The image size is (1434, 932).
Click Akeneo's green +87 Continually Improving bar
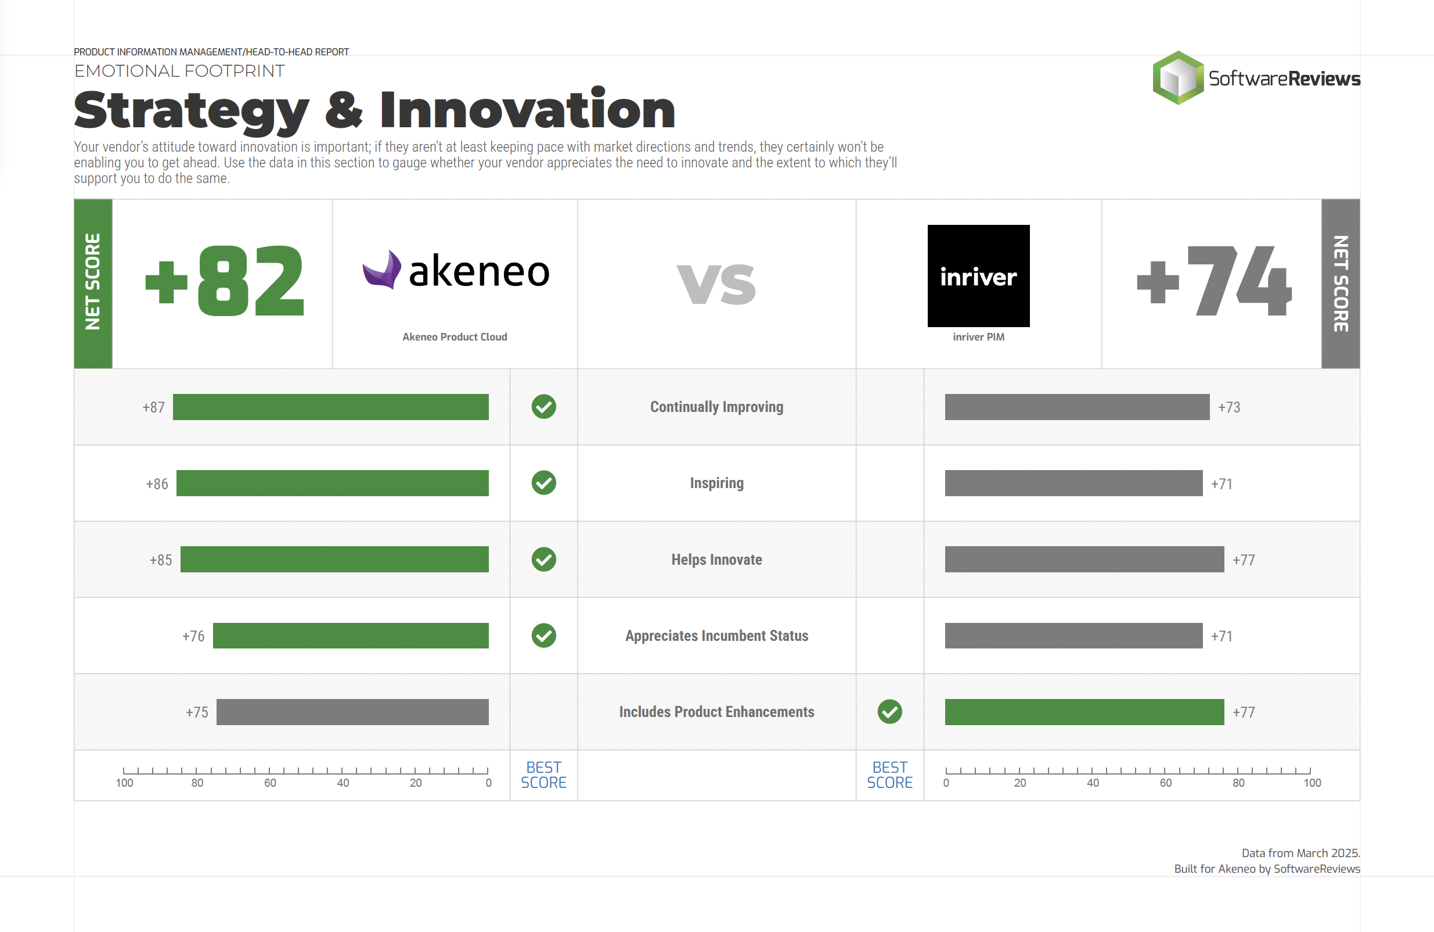tap(330, 407)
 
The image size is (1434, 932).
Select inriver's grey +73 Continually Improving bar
tap(1077, 407)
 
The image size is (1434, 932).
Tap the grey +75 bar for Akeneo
tap(352, 712)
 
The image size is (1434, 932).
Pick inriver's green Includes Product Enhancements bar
tap(1084, 712)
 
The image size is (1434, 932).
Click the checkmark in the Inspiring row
tap(543, 483)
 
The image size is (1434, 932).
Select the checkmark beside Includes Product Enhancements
tap(889, 712)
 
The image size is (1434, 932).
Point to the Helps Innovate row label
tap(716, 560)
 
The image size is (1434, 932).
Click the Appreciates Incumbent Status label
tap(716, 636)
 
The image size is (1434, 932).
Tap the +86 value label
tap(157, 484)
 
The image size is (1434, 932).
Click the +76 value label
tap(193, 637)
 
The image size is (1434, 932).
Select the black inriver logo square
tap(978, 275)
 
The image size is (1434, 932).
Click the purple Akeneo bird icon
tap(382, 270)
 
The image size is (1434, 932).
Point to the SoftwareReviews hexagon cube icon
tap(1177, 78)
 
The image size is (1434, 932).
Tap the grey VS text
tap(716, 284)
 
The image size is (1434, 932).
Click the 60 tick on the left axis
tap(269, 771)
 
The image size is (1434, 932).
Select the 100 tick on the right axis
tap(1310, 771)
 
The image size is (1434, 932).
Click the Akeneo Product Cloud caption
tap(455, 337)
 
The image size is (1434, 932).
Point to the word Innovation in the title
tap(527, 110)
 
